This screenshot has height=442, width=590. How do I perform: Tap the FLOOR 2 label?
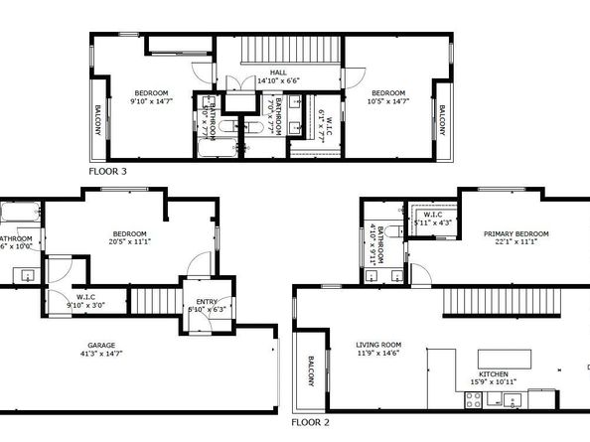tap(310, 422)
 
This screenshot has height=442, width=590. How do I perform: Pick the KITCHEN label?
tap(495, 374)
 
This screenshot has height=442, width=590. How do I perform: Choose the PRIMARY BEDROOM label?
tap(513, 234)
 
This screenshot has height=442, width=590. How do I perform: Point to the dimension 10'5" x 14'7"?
tap(389, 100)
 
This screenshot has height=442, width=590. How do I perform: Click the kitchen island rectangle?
tap(505, 357)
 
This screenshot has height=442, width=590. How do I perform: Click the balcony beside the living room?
tap(311, 373)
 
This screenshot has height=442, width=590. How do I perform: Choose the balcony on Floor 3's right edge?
tap(442, 122)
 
